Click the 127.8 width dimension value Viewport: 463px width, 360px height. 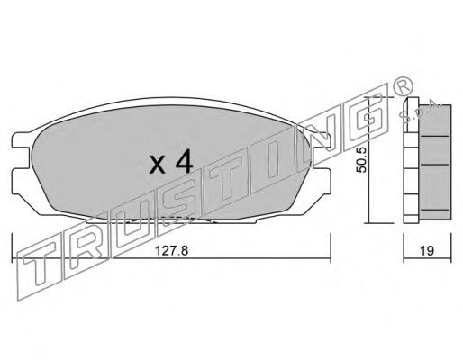point(171,250)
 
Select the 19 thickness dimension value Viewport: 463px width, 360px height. point(427,250)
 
